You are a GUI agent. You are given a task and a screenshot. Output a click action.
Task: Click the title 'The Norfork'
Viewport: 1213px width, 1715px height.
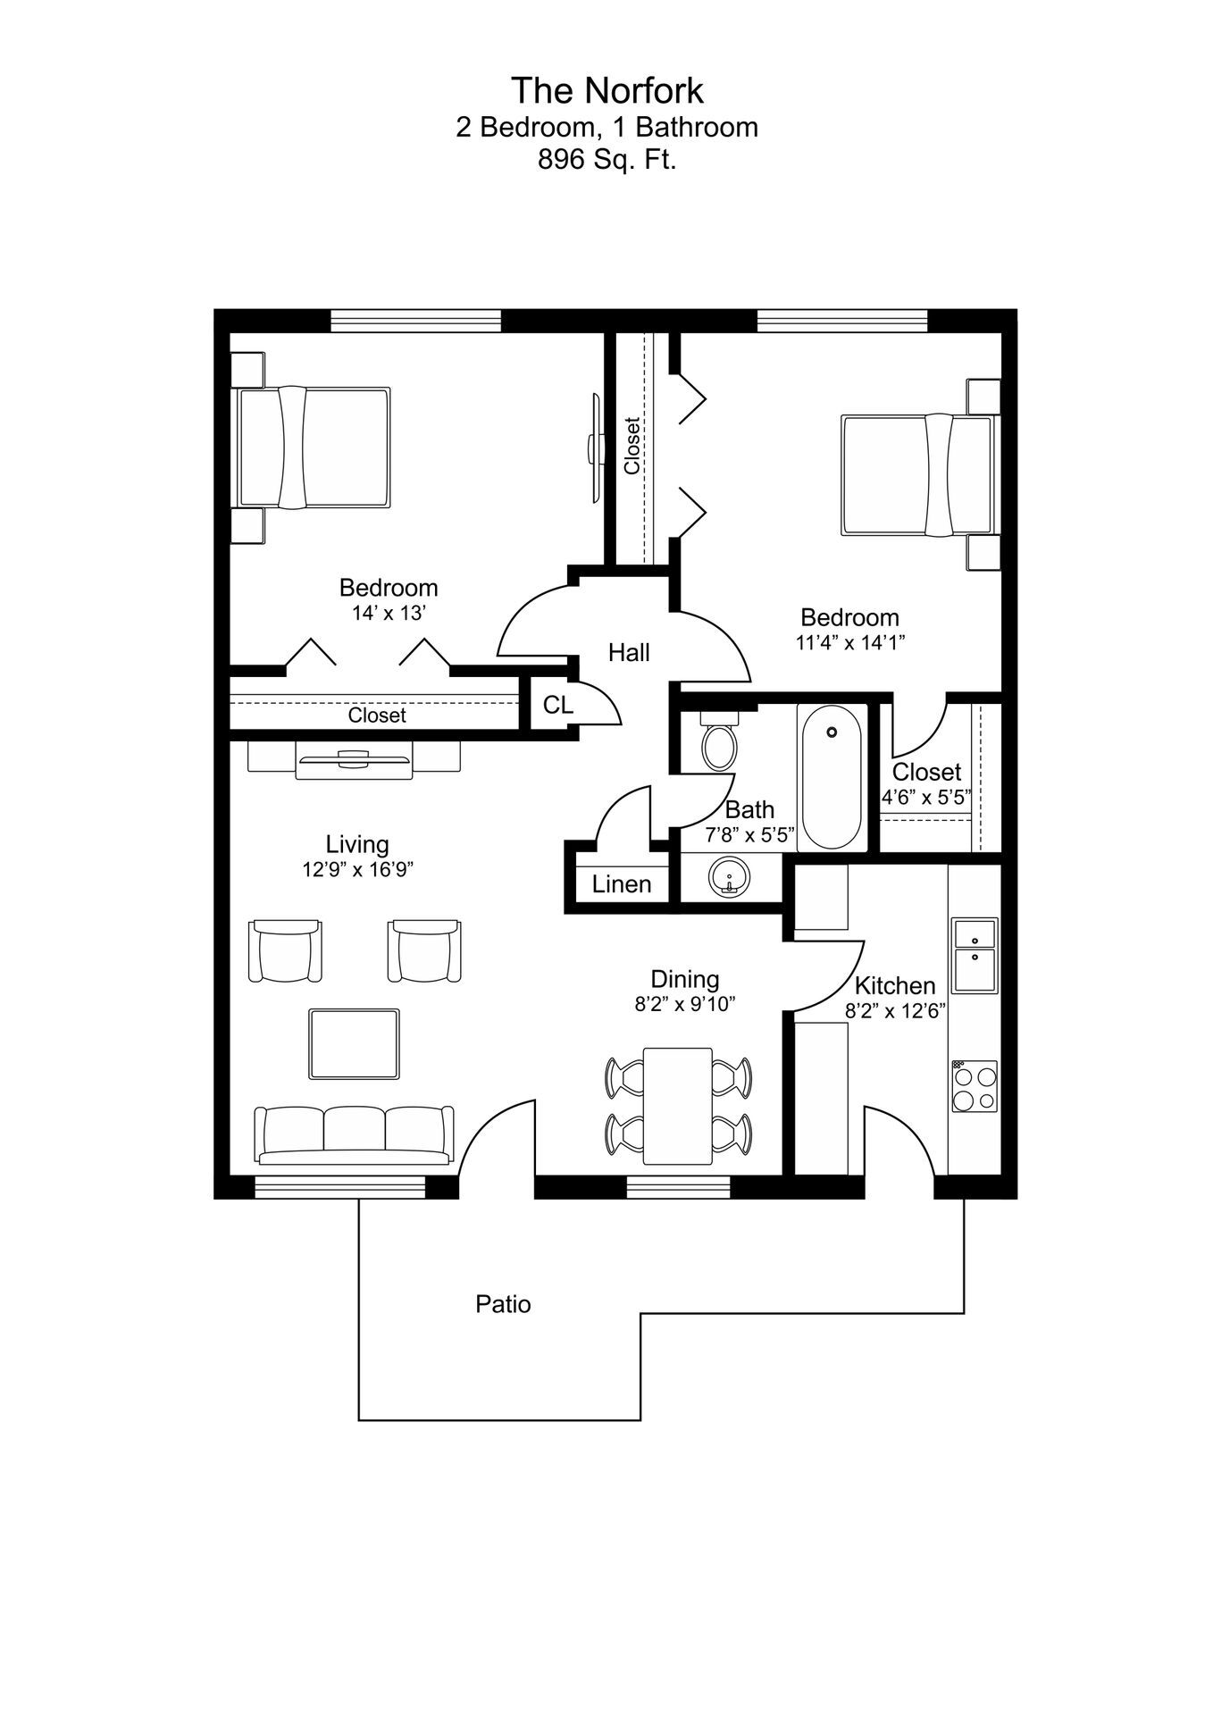(606, 90)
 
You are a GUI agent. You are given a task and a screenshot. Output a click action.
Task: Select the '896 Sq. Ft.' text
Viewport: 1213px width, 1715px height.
(606, 160)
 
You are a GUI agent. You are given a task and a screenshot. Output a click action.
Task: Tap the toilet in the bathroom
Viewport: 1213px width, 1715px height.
(719, 743)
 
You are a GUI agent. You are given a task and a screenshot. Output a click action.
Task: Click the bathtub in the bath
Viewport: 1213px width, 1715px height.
(832, 776)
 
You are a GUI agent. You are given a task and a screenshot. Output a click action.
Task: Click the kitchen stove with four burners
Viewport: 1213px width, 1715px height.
(974, 1086)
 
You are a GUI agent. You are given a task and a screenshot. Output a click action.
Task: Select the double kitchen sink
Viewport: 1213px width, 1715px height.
(974, 955)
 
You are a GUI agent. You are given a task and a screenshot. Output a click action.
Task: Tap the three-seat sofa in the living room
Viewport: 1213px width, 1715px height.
(354, 1135)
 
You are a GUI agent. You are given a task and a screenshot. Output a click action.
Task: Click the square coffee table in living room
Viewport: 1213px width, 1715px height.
(354, 1044)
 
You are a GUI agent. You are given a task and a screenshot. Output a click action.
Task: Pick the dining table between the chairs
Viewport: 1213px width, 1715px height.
(678, 1106)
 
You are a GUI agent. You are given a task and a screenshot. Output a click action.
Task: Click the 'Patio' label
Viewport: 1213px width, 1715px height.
(503, 1304)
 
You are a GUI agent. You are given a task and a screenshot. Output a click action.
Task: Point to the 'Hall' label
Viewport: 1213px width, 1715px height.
(629, 653)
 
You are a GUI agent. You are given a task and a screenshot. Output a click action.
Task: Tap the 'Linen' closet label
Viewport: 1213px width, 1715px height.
(622, 884)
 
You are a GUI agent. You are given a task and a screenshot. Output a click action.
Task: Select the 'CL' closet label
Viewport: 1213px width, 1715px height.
(558, 705)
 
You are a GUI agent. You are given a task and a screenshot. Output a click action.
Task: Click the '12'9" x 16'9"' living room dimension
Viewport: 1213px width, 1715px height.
(357, 869)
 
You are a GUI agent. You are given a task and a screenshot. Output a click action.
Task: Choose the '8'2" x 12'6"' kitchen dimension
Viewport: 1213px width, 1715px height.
(895, 1011)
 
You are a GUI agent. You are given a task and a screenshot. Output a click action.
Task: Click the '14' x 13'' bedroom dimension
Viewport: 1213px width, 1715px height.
(389, 613)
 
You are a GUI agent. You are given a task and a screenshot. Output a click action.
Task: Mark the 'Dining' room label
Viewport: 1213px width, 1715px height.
(684, 979)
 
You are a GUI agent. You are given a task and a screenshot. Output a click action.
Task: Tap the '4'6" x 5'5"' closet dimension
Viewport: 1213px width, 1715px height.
(926, 797)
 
